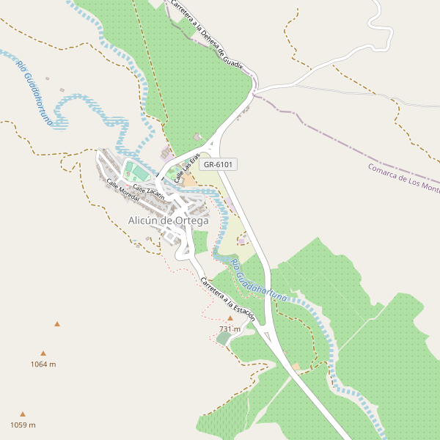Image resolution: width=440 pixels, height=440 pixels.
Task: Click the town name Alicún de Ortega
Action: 168,220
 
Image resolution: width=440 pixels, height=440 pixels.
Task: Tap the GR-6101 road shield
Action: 218,164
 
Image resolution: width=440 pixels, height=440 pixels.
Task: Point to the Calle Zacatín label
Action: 148,189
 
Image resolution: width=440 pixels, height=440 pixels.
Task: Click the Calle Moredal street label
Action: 122,192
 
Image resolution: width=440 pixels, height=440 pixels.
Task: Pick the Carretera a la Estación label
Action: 227,299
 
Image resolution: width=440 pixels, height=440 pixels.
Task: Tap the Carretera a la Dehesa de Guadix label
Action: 206,34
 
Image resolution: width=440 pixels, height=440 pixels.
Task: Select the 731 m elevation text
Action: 230,329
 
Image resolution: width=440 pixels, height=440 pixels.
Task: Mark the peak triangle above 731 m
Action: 230,319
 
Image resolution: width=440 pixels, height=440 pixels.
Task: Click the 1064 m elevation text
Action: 43,364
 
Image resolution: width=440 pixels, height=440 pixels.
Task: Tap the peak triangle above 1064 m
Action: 43,353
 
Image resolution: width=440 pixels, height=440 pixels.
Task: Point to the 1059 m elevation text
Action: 23,425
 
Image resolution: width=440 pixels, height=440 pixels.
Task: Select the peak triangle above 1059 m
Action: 23,414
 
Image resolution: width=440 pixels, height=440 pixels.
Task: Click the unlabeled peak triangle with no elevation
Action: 56,323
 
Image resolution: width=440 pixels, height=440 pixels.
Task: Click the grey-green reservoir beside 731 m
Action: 223,337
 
